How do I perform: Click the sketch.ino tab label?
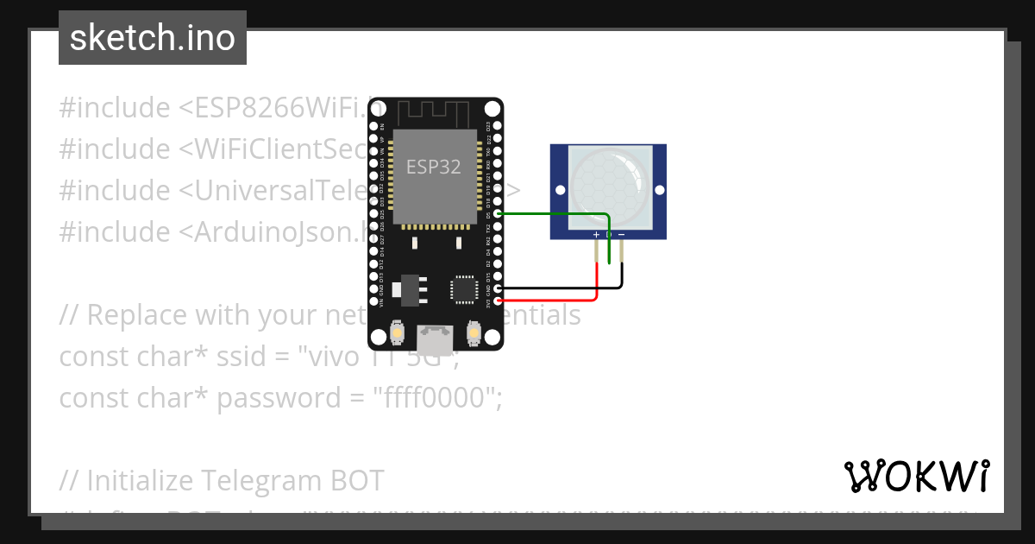pos(153,38)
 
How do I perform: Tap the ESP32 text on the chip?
pos(434,168)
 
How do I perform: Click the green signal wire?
pos(552,213)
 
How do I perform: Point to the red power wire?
pos(552,300)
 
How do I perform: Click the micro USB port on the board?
pos(436,339)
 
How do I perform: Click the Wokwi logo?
pos(916,476)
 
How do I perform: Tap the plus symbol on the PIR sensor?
pos(596,235)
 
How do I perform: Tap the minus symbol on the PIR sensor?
pos(621,235)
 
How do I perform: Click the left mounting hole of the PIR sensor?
pos(559,190)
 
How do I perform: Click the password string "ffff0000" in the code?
pos(436,398)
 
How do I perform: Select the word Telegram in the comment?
pos(260,480)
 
